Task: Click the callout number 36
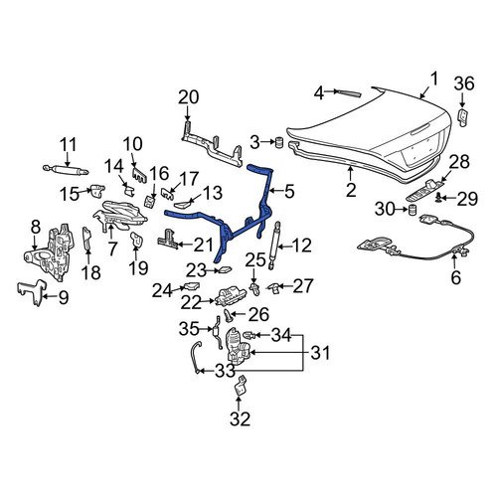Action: (464, 83)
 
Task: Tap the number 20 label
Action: (189, 97)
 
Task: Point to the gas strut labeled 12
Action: (274, 246)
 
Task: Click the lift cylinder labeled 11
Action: (66, 170)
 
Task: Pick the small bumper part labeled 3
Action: (280, 143)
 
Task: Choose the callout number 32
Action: (240, 418)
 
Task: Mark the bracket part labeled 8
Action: (50, 253)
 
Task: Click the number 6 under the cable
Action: (456, 277)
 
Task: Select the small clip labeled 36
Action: (462, 116)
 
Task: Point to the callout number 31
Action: (320, 353)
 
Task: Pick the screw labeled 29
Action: (439, 197)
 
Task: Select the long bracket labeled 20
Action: (212, 146)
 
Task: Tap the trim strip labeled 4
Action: (347, 92)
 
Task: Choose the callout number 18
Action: (91, 272)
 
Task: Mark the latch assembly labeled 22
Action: (231, 296)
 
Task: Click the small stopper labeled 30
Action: (412, 210)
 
